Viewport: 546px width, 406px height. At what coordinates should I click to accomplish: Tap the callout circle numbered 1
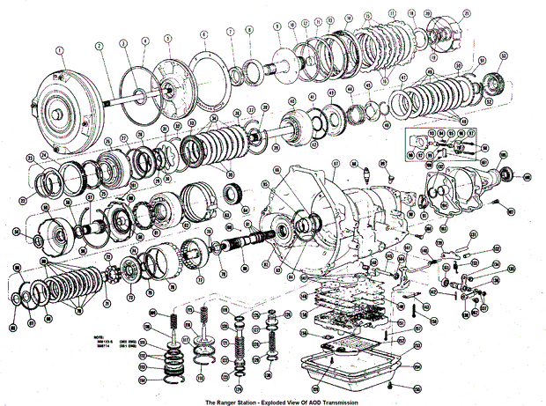point(60,49)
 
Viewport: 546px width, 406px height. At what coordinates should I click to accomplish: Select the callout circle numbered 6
point(203,34)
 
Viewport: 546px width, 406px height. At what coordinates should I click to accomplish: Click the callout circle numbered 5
point(167,39)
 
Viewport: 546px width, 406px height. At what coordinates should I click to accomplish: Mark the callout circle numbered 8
point(249,30)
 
